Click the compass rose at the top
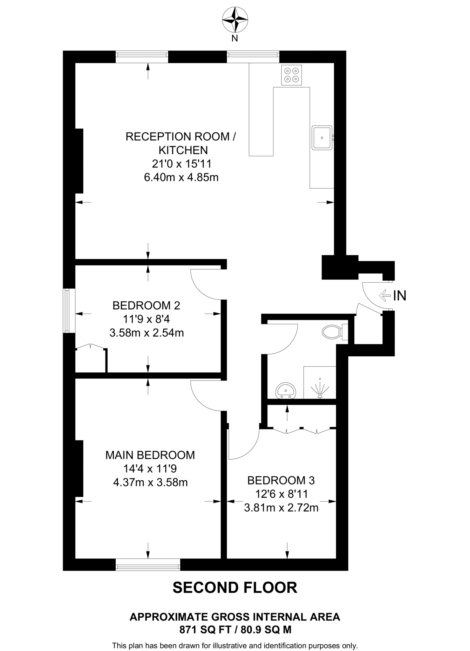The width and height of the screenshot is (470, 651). pos(235,20)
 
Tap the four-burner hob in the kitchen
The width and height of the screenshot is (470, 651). pos(291,75)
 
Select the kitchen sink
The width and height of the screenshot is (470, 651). pos(322,138)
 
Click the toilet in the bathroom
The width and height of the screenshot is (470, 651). pos(332,332)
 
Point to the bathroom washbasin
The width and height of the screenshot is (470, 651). pos(286,391)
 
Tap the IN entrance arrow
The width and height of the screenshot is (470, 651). pos(385,295)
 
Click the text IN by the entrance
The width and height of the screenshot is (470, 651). pos(400,296)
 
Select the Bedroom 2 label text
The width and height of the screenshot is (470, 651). pos(146,305)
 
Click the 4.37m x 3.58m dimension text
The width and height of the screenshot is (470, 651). pos(150,482)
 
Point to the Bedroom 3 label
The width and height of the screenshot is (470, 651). pos(281,480)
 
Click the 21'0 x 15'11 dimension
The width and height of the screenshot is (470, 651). pos(181,164)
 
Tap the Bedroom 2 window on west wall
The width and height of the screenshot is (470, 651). pos(67,311)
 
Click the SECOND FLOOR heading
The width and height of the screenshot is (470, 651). pos(235,587)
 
